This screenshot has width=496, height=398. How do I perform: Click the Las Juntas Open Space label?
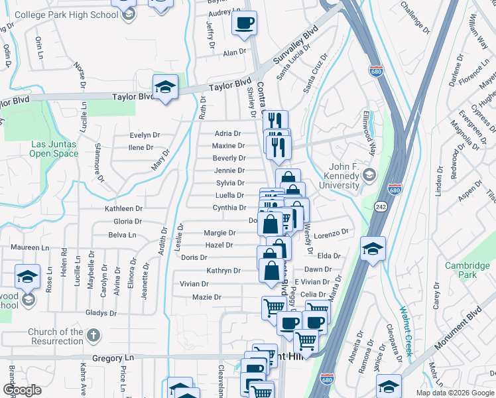click(54, 149)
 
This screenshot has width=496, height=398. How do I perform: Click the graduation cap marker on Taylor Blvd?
click(165, 88)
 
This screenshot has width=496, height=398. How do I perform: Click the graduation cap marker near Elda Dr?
click(373, 249)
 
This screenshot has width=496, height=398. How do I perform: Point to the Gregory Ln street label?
click(113, 358)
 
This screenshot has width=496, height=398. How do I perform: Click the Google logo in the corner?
click(22, 390)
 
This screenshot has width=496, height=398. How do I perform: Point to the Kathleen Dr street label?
click(123, 208)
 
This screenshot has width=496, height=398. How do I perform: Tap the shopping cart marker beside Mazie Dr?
click(273, 307)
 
